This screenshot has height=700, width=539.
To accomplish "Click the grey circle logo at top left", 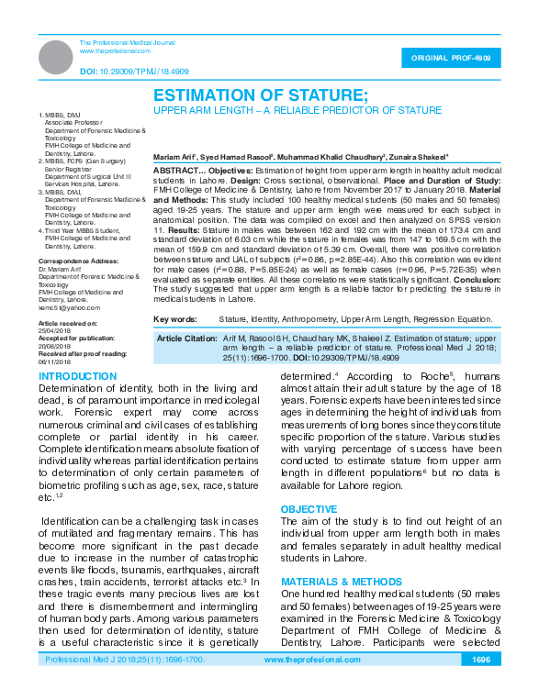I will coord(55,57).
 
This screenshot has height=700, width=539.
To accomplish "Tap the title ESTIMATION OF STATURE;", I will coord(260,95).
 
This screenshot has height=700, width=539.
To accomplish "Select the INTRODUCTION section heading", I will coord(79,377).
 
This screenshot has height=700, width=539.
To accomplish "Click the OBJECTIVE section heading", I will coord(309,508).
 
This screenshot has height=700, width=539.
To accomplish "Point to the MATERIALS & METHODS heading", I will coord(341,582).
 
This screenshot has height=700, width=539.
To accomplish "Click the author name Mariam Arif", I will coord(174,157).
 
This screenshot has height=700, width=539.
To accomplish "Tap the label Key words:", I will coord(175,318).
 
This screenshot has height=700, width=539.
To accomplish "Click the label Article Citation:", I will coord(186,339).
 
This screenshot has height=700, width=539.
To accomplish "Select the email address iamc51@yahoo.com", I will coord(69,307).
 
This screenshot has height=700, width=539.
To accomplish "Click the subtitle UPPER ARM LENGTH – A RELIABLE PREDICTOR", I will coord(297,110).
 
